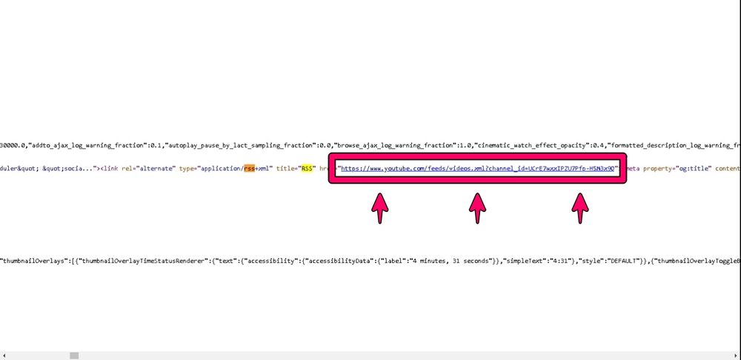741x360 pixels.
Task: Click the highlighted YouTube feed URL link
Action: click(477, 169)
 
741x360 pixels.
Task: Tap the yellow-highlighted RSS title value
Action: click(305, 169)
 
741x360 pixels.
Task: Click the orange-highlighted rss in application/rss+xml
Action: click(250, 169)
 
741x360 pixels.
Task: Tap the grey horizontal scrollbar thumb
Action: click(74, 356)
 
